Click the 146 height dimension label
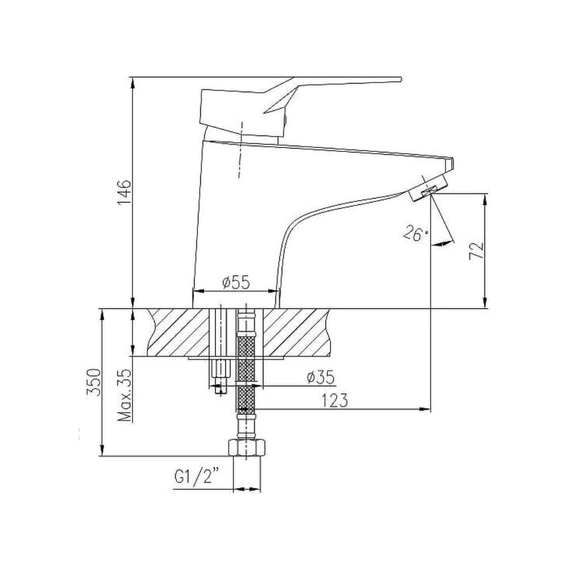point(123,192)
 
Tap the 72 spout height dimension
point(476,250)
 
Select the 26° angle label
point(416,234)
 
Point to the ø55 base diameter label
point(236,282)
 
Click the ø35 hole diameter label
point(320,378)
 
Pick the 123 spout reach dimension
point(335,401)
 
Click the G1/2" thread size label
point(197,477)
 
